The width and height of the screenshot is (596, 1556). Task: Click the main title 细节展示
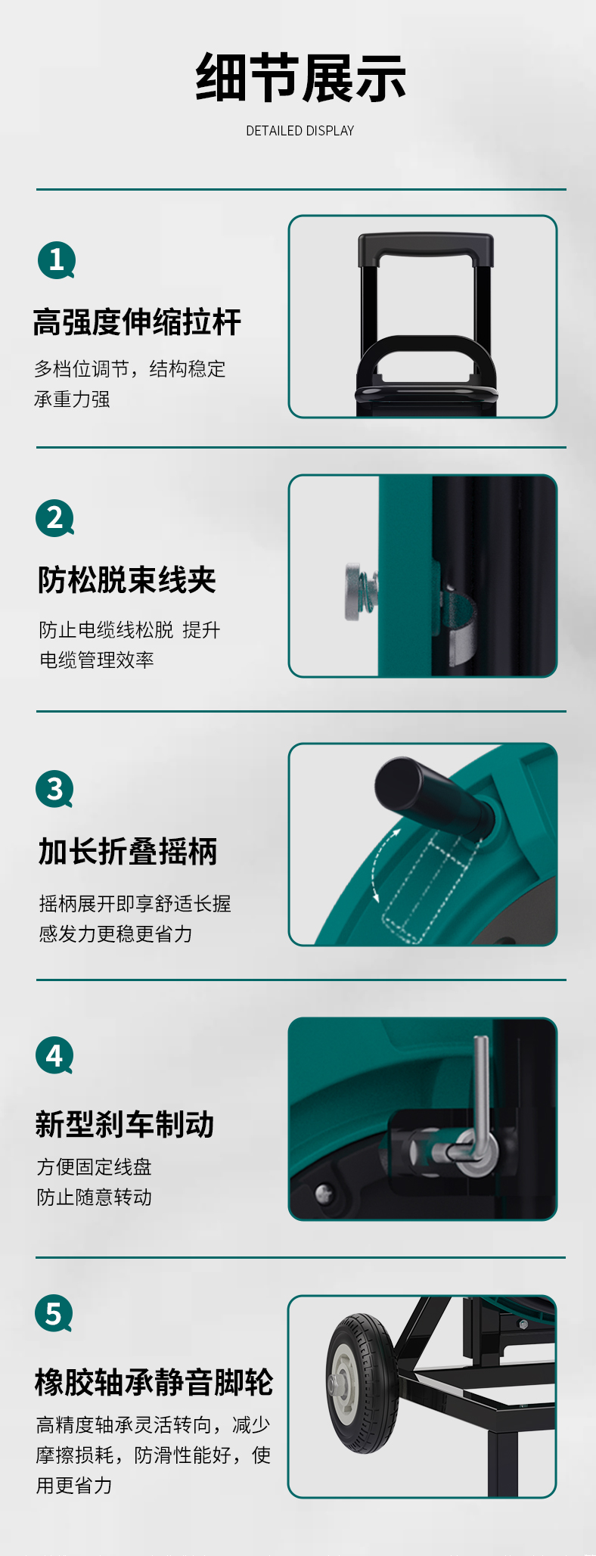[300, 77]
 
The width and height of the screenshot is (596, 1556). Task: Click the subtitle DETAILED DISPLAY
[300, 131]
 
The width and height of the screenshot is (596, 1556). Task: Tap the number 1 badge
[57, 260]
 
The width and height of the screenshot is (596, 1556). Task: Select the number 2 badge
[55, 518]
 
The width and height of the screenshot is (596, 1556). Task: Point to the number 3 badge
[55, 789]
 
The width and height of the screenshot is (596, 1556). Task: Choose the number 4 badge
[55, 1055]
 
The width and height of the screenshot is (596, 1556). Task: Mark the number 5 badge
[54, 1314]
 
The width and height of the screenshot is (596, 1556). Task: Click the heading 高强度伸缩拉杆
[137, 322]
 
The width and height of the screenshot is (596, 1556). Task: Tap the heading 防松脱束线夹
[127, 580]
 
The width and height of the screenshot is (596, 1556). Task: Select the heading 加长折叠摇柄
[128, 851]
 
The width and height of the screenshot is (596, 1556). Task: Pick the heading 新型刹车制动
[125, 1124]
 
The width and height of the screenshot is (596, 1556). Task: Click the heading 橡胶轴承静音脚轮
[154, 1382]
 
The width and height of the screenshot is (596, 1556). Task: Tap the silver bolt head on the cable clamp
[354, 592]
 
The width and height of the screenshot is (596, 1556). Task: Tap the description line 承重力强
[72, 399]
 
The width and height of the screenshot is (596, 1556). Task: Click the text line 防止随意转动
[95, 1197]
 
